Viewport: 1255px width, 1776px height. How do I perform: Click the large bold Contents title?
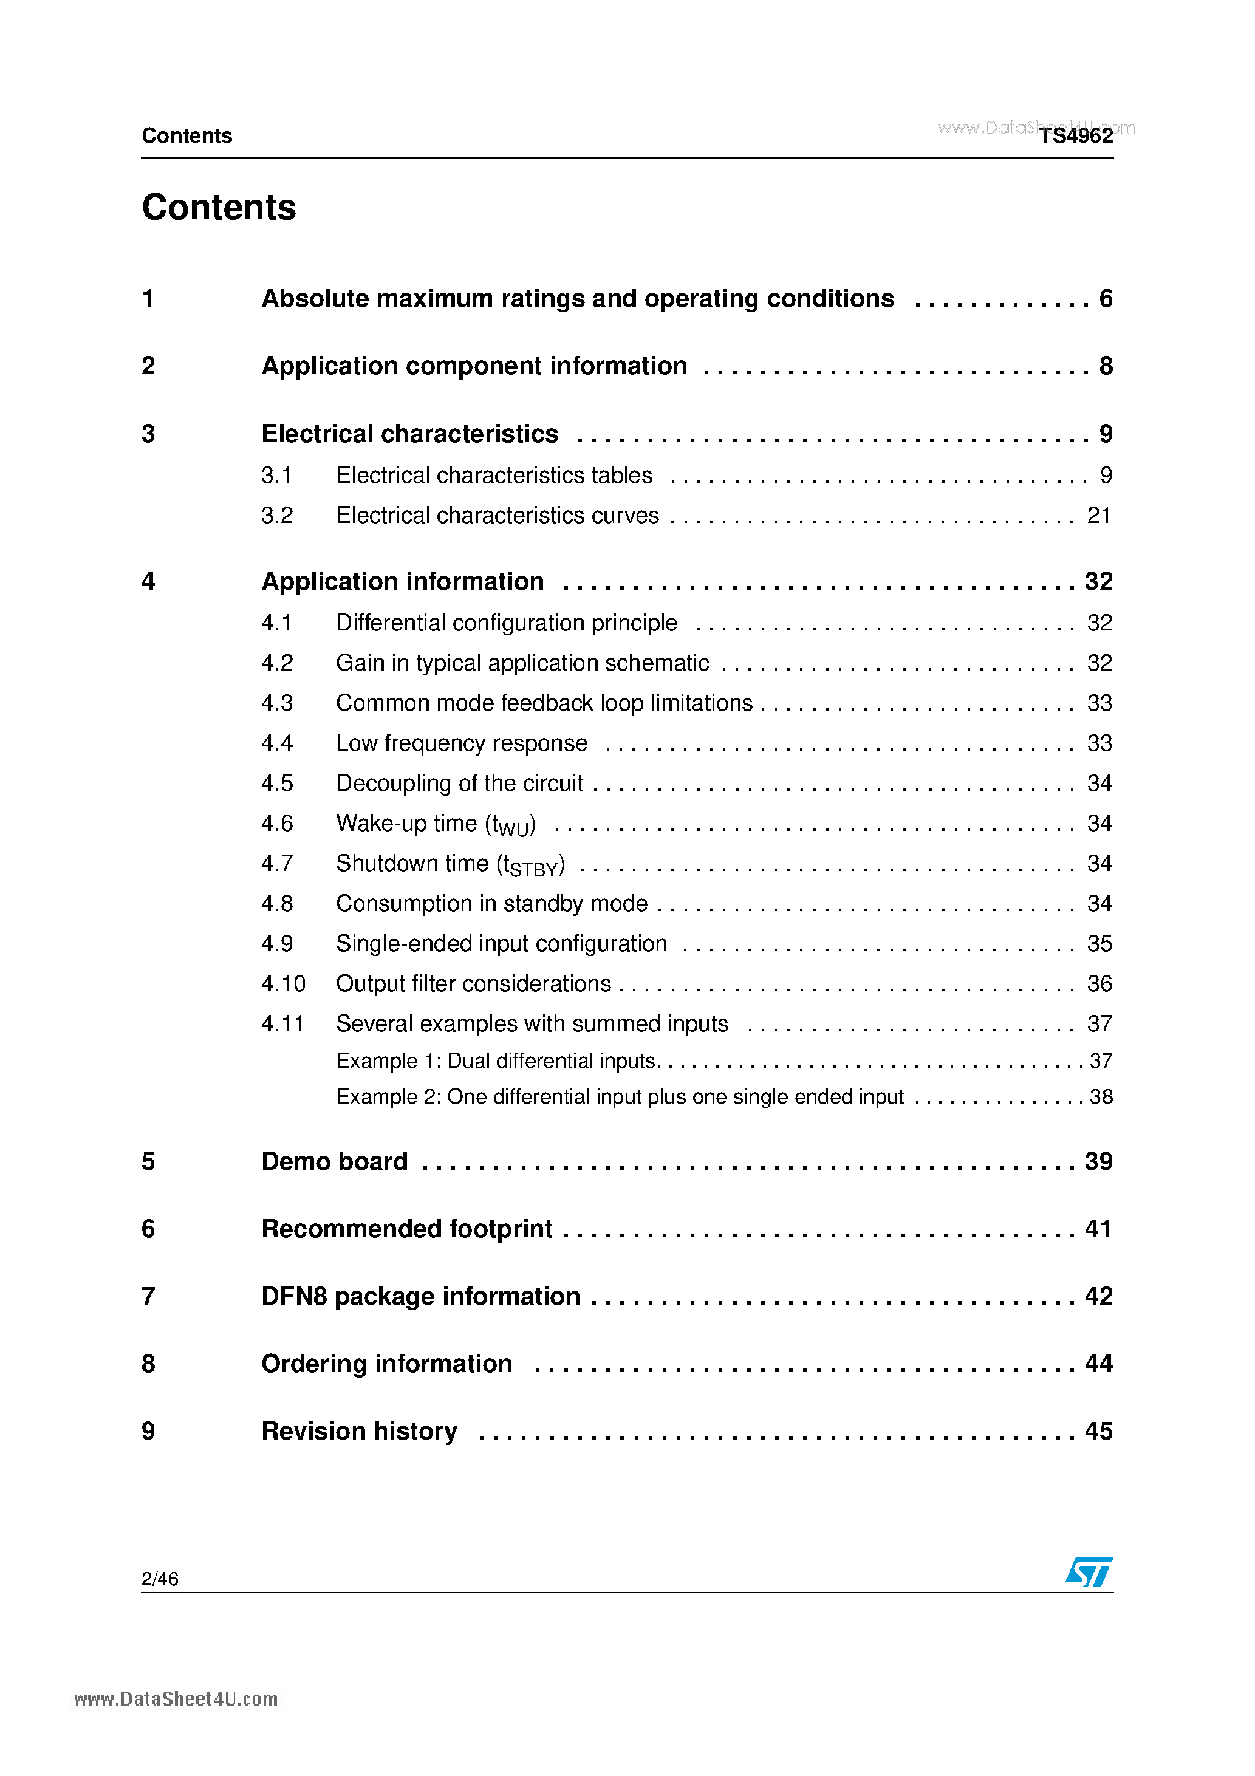(219, 207)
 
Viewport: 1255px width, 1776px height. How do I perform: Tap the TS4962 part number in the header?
(1075, 136)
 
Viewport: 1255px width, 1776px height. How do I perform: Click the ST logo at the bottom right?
(1089, 1572)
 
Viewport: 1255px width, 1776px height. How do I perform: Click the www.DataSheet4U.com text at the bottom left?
(176, 1699)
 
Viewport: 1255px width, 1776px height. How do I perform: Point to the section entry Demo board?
(334, 1161)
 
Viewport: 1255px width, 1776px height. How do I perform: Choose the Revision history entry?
(359, 1431)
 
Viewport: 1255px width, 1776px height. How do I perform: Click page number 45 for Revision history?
(1098, 1431)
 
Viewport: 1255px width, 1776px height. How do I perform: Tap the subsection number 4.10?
(283, 984)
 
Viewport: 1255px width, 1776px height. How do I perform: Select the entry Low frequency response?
(461, 743)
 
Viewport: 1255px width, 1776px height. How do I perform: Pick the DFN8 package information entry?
(420, 1296)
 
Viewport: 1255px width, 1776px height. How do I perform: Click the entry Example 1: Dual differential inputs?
(496, 1061)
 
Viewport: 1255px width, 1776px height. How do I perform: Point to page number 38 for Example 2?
(1100, 1097)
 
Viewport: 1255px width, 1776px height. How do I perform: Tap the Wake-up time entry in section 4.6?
(436, 824)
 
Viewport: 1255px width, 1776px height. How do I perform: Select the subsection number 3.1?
(276, 475)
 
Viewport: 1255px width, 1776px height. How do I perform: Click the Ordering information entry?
(386, 1364)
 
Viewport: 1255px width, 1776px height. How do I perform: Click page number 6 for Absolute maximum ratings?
(1106, 299)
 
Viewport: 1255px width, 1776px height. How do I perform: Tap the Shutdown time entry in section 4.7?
(450, 864)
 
